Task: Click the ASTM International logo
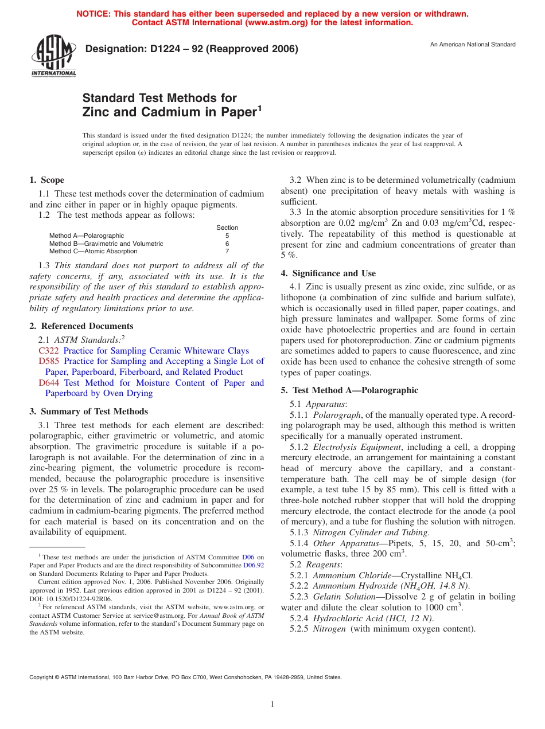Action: coord(53,56)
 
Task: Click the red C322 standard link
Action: coord(49,351)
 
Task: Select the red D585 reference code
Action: coord(49,361)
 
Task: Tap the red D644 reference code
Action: coord(49,383)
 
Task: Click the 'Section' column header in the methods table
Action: coord(227,228)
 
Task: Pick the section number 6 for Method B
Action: coord(227,244)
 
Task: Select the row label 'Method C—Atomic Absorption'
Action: coord(93,251)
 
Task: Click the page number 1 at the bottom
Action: coord(272,704)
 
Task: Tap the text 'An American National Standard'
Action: coord(472,45)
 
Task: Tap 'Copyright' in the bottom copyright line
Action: coord(42,677)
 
